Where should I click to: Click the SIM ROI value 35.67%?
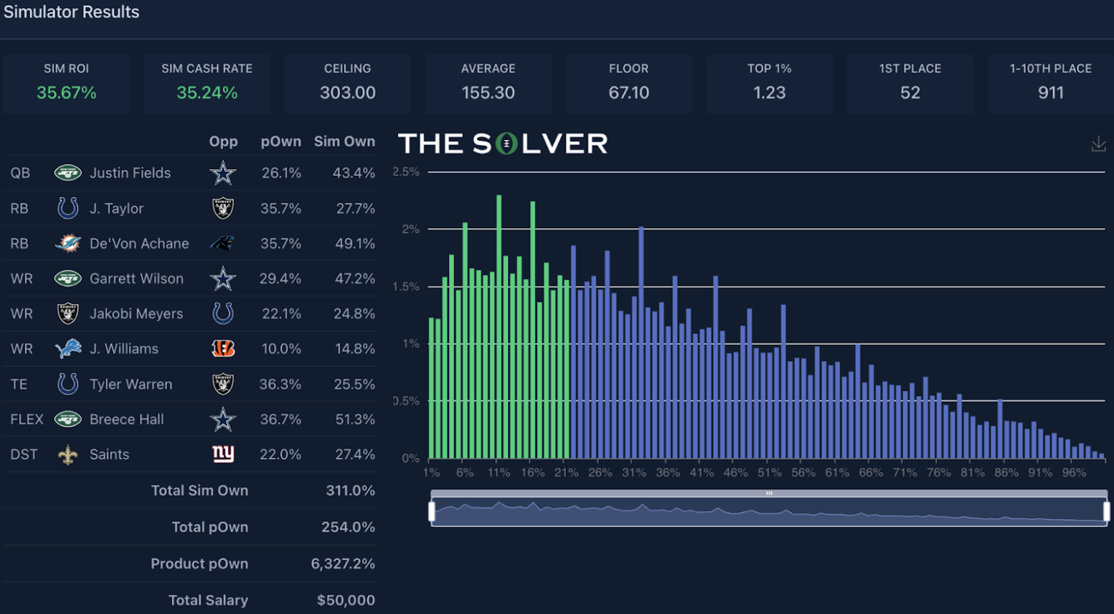[x=66, y=93]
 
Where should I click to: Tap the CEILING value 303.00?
[x=348, y=93]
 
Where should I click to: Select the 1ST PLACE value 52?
[x=910, y=93]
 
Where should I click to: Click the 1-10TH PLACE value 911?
[x=1051, y=93]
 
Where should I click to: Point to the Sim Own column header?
[x=344, y=141]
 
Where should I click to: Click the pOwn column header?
[x=281, y=141]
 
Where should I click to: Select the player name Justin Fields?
[x=130, y=173]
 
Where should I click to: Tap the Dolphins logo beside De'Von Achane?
[x=68, y=244]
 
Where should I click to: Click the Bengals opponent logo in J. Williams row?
[x=223, y=349]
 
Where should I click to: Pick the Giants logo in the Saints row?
[x=223, y=454]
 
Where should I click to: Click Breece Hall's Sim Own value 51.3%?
[x=354, y=419]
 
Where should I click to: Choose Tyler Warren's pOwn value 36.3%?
[x=280, y=384]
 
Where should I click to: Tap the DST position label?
[x=23, y=454]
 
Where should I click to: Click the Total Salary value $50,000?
[x=346, y=600]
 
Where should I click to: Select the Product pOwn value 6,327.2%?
[x=343, y=564]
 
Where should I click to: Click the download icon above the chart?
[x=1098, y=144]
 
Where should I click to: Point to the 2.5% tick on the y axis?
[x=406, y=172]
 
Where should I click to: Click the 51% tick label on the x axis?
[x=769, y=473]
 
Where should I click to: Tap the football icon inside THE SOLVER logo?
[x=506, y=144]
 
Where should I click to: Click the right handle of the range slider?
[x=1106, y=511]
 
